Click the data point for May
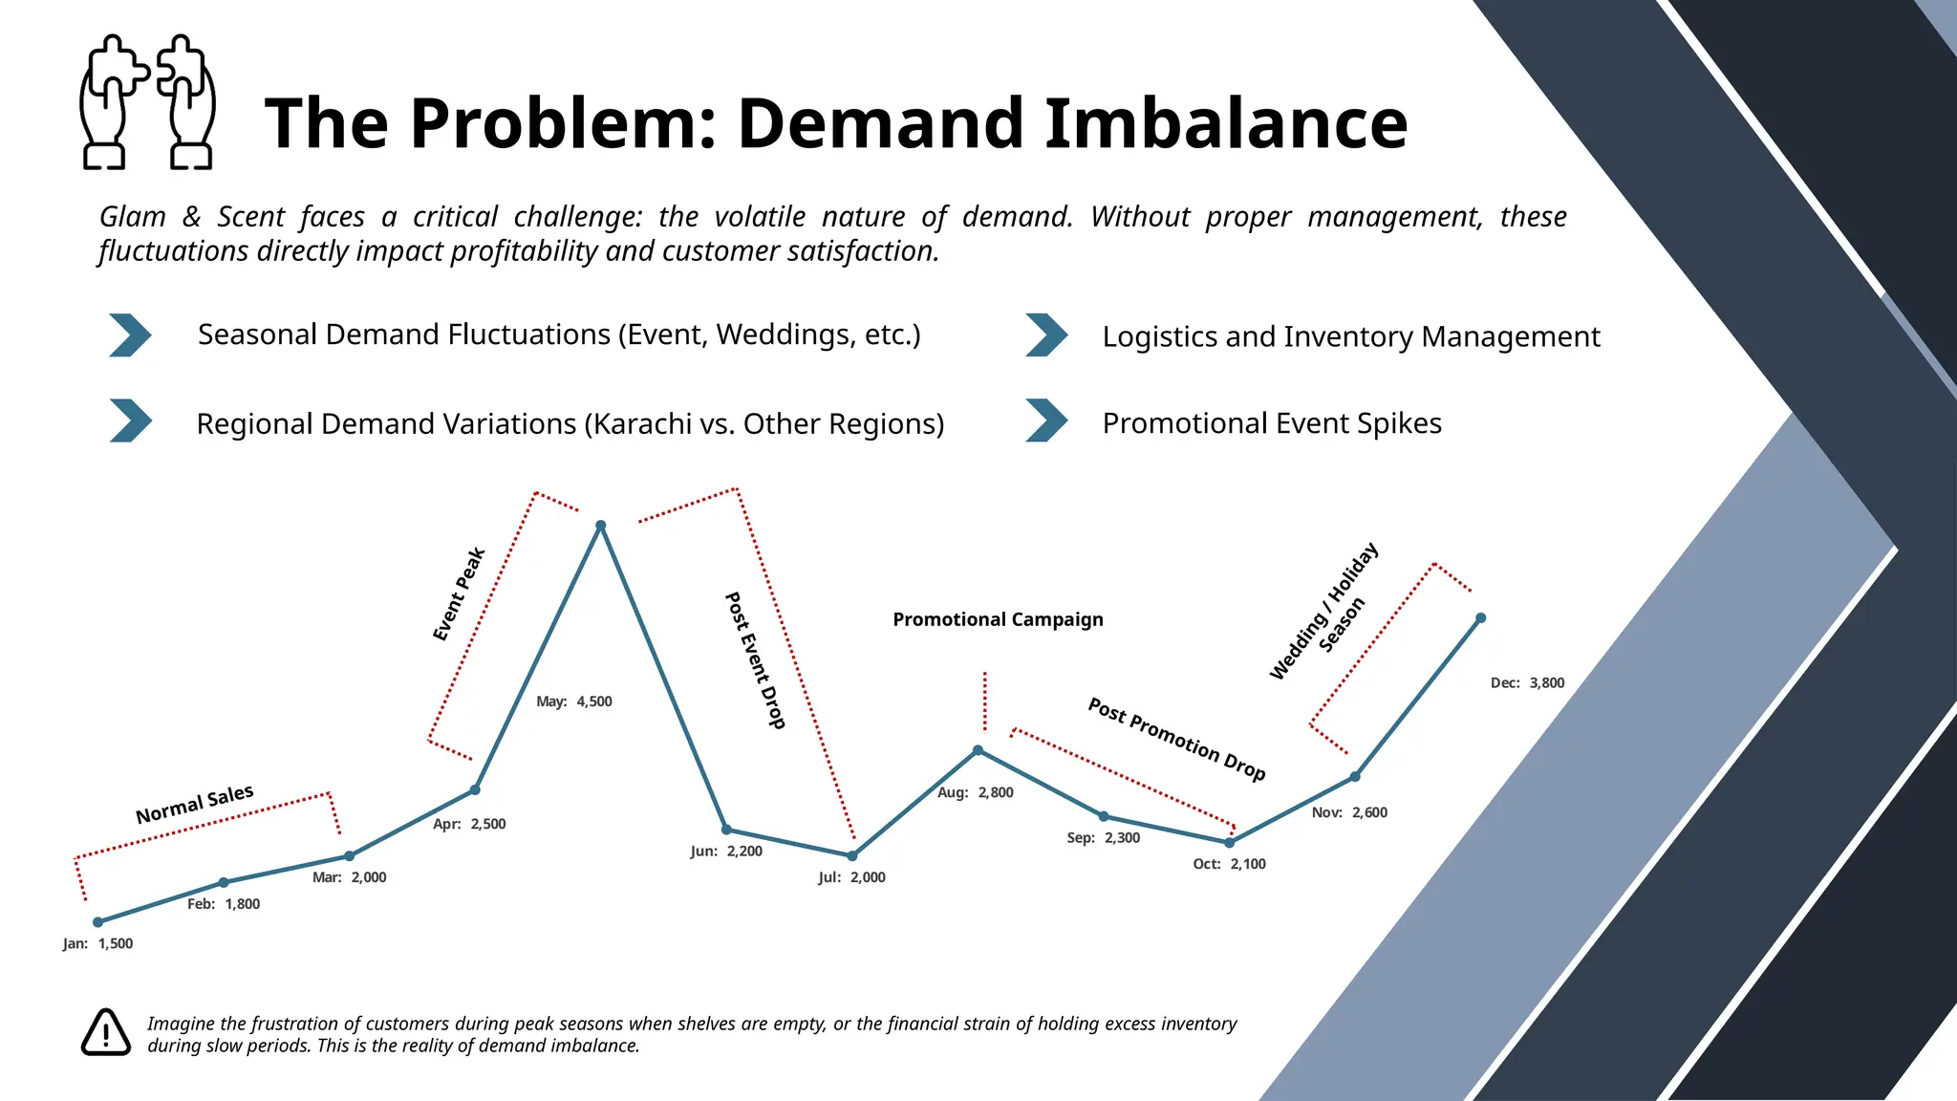click(600, 526)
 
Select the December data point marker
click(1480, 618)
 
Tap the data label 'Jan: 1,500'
click(97, 943)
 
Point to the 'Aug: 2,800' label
click(975, 792)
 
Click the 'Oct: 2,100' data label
click(1229, 864)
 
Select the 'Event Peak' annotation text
click(460, 594)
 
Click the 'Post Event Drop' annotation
click(755, 660)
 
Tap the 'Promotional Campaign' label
click(998, 619)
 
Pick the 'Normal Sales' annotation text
click(195, 805)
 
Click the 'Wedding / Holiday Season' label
click(1325, 611)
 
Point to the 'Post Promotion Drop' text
click(1176, 740)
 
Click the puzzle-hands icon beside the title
click(147, 102)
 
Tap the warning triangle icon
click(105, 1032)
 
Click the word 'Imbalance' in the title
click(1225, 123)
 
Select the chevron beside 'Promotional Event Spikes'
click(1046, 421)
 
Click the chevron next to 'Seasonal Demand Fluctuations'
click(130, 335)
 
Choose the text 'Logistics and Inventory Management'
click(1350, 336)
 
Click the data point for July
click(852, 855)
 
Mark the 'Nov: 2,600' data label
click(1349, 812)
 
